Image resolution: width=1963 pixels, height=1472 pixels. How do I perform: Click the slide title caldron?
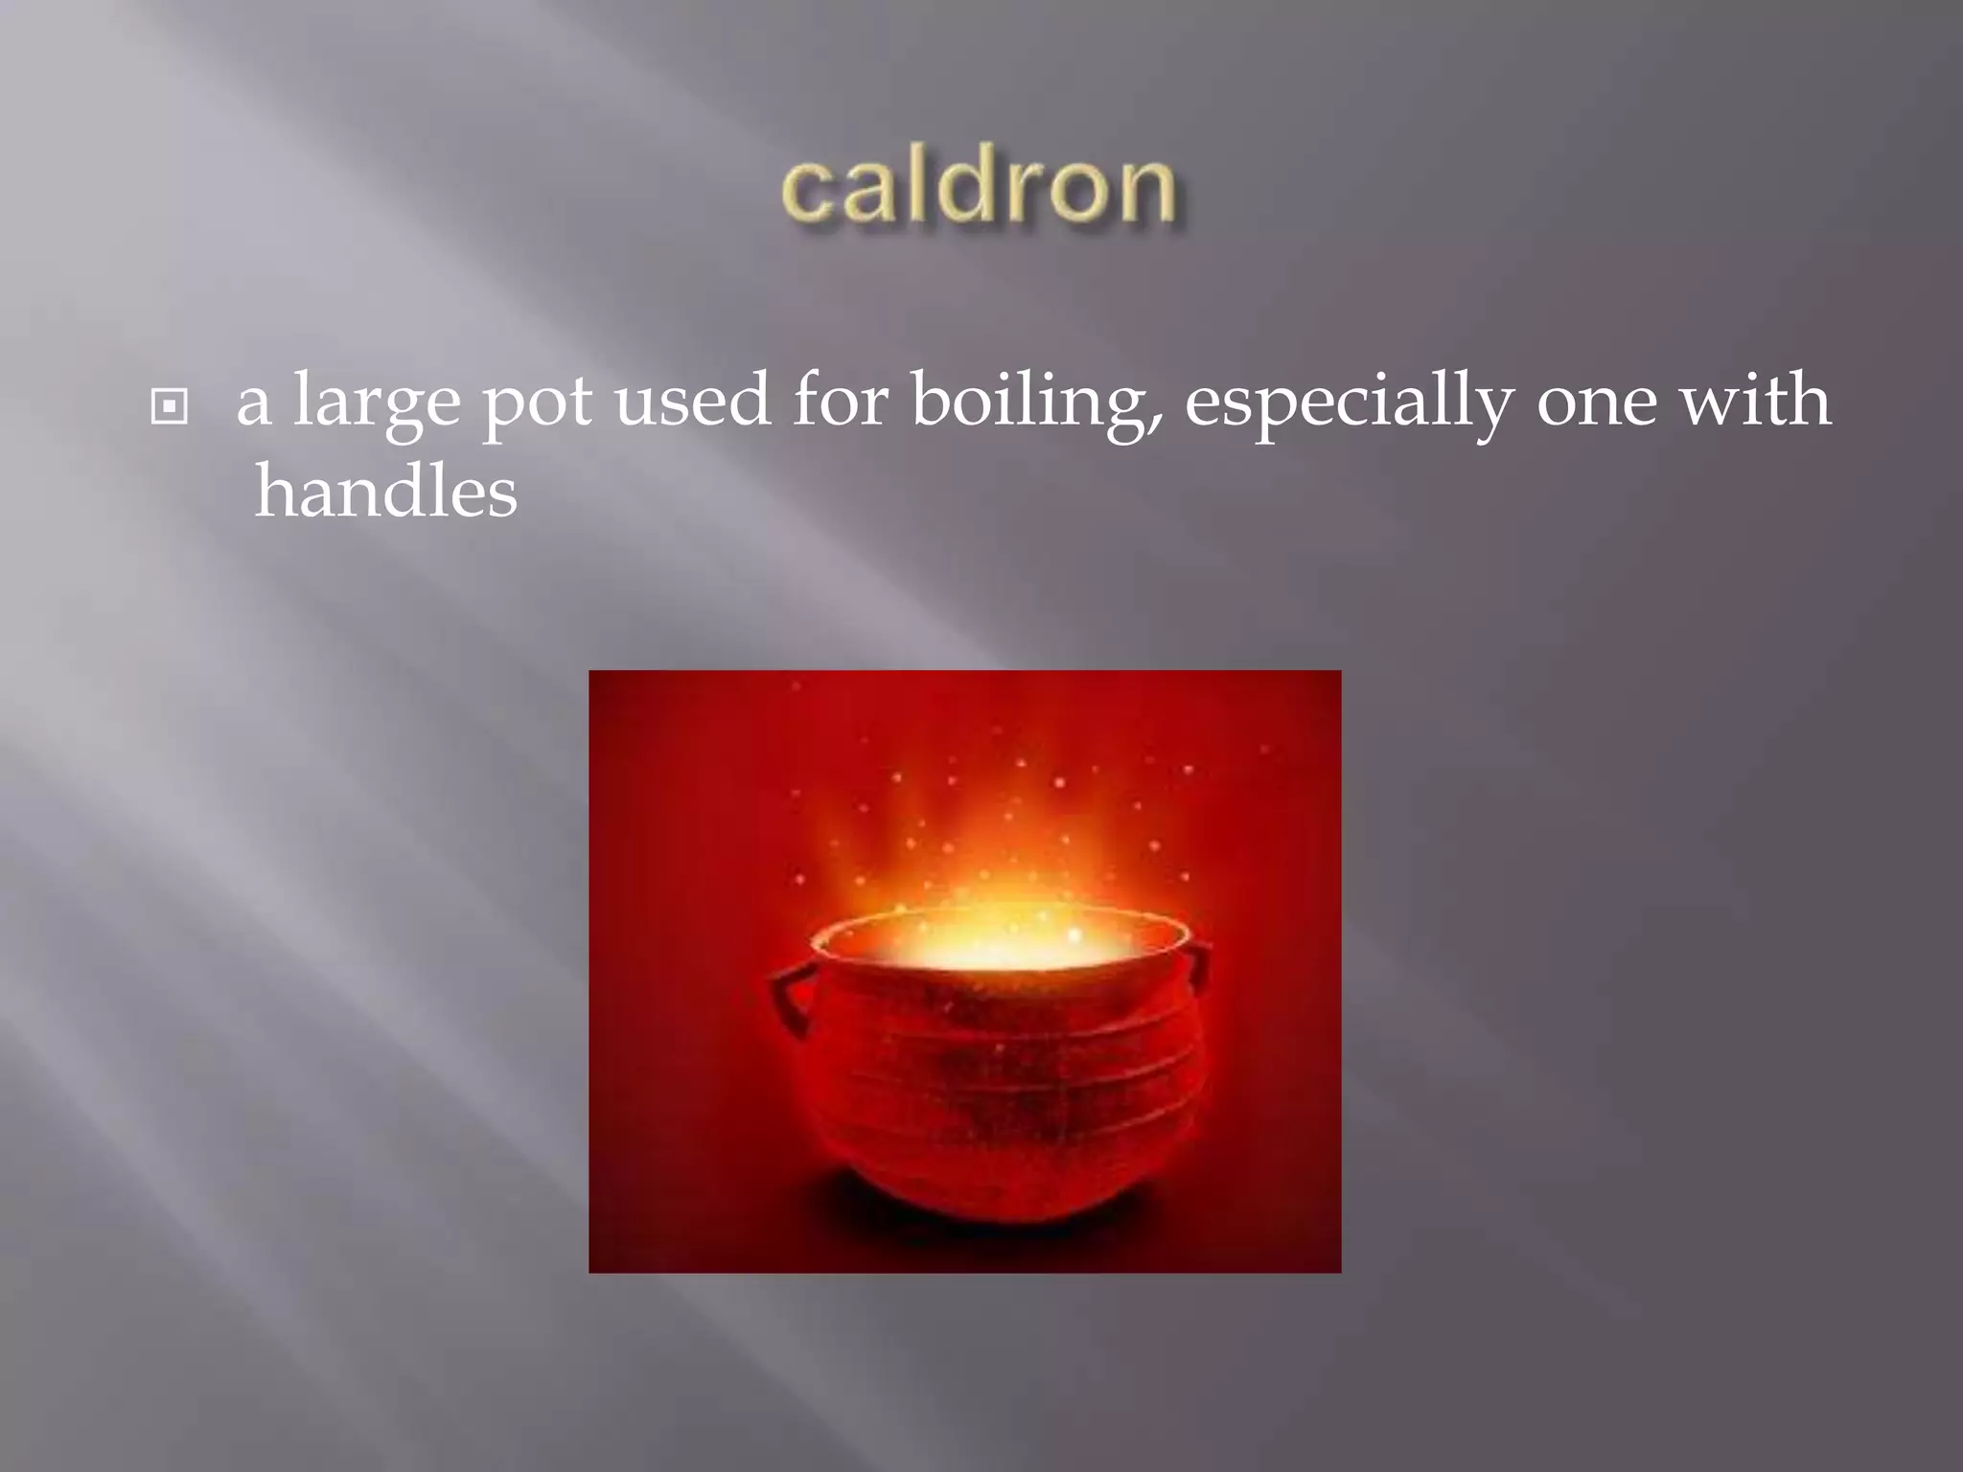coord(979,188)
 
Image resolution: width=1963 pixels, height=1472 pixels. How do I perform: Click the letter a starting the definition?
coord(253,404)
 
